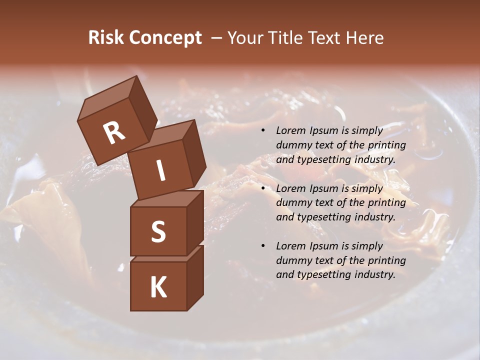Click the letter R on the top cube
coord(114,132)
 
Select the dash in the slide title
coord(216,38)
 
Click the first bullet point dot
coord(263,131)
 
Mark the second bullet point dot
coord(263,189)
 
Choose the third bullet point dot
coord(263,246)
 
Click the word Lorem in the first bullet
coord(290,131)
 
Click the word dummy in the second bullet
coord(292,203)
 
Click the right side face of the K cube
coord(195,277)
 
